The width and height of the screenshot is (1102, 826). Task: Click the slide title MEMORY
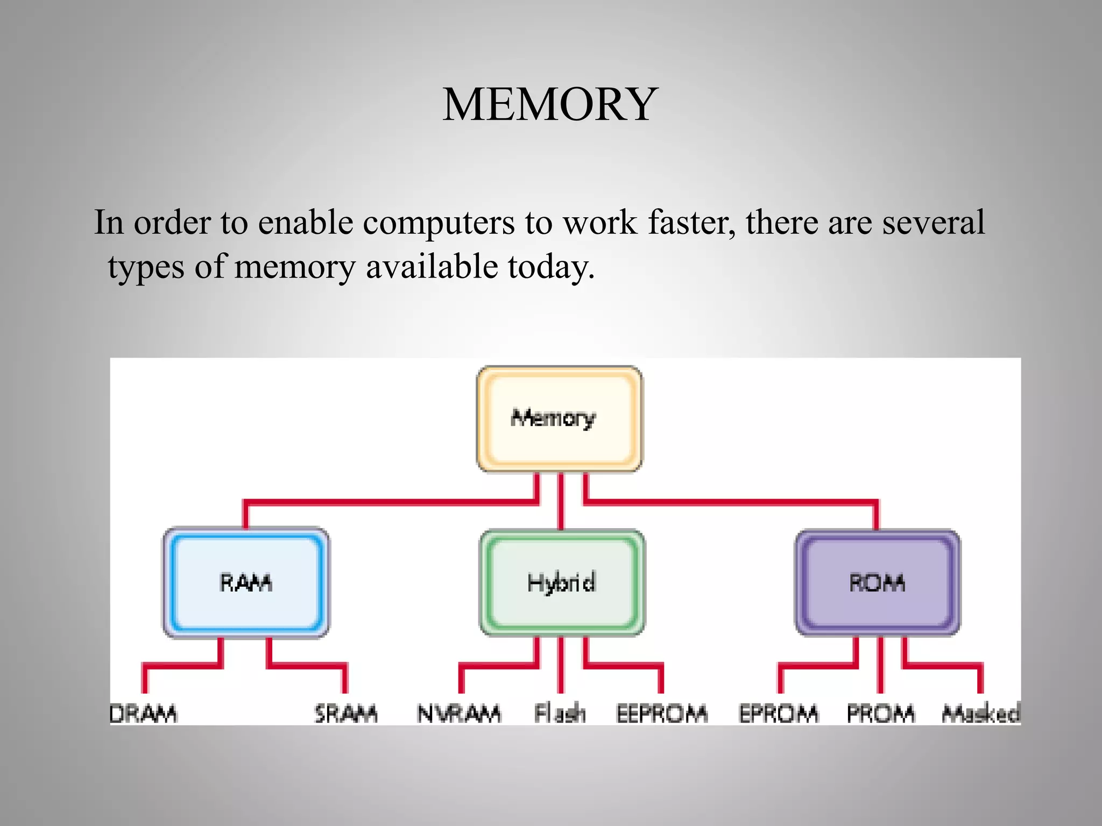[550, 104]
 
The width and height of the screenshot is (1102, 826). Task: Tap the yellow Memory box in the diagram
[559, 419]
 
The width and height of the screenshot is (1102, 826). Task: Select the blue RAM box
[246, 583]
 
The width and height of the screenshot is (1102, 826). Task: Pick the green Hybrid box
[561, 583]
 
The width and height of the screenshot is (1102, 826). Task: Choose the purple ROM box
[877, 583]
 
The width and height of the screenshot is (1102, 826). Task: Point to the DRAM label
[143, 714]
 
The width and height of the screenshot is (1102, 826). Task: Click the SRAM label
[346, 714]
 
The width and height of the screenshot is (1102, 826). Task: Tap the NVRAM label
[459, 714]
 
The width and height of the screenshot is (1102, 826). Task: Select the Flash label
[560, 714]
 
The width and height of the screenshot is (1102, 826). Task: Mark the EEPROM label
[662, 714]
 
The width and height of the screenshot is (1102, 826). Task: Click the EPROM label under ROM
[779, 714]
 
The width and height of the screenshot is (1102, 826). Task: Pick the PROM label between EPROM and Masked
[880, 714]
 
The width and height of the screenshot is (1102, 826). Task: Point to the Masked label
[980, 714]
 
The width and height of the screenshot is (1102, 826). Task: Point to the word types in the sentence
[146, 267]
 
